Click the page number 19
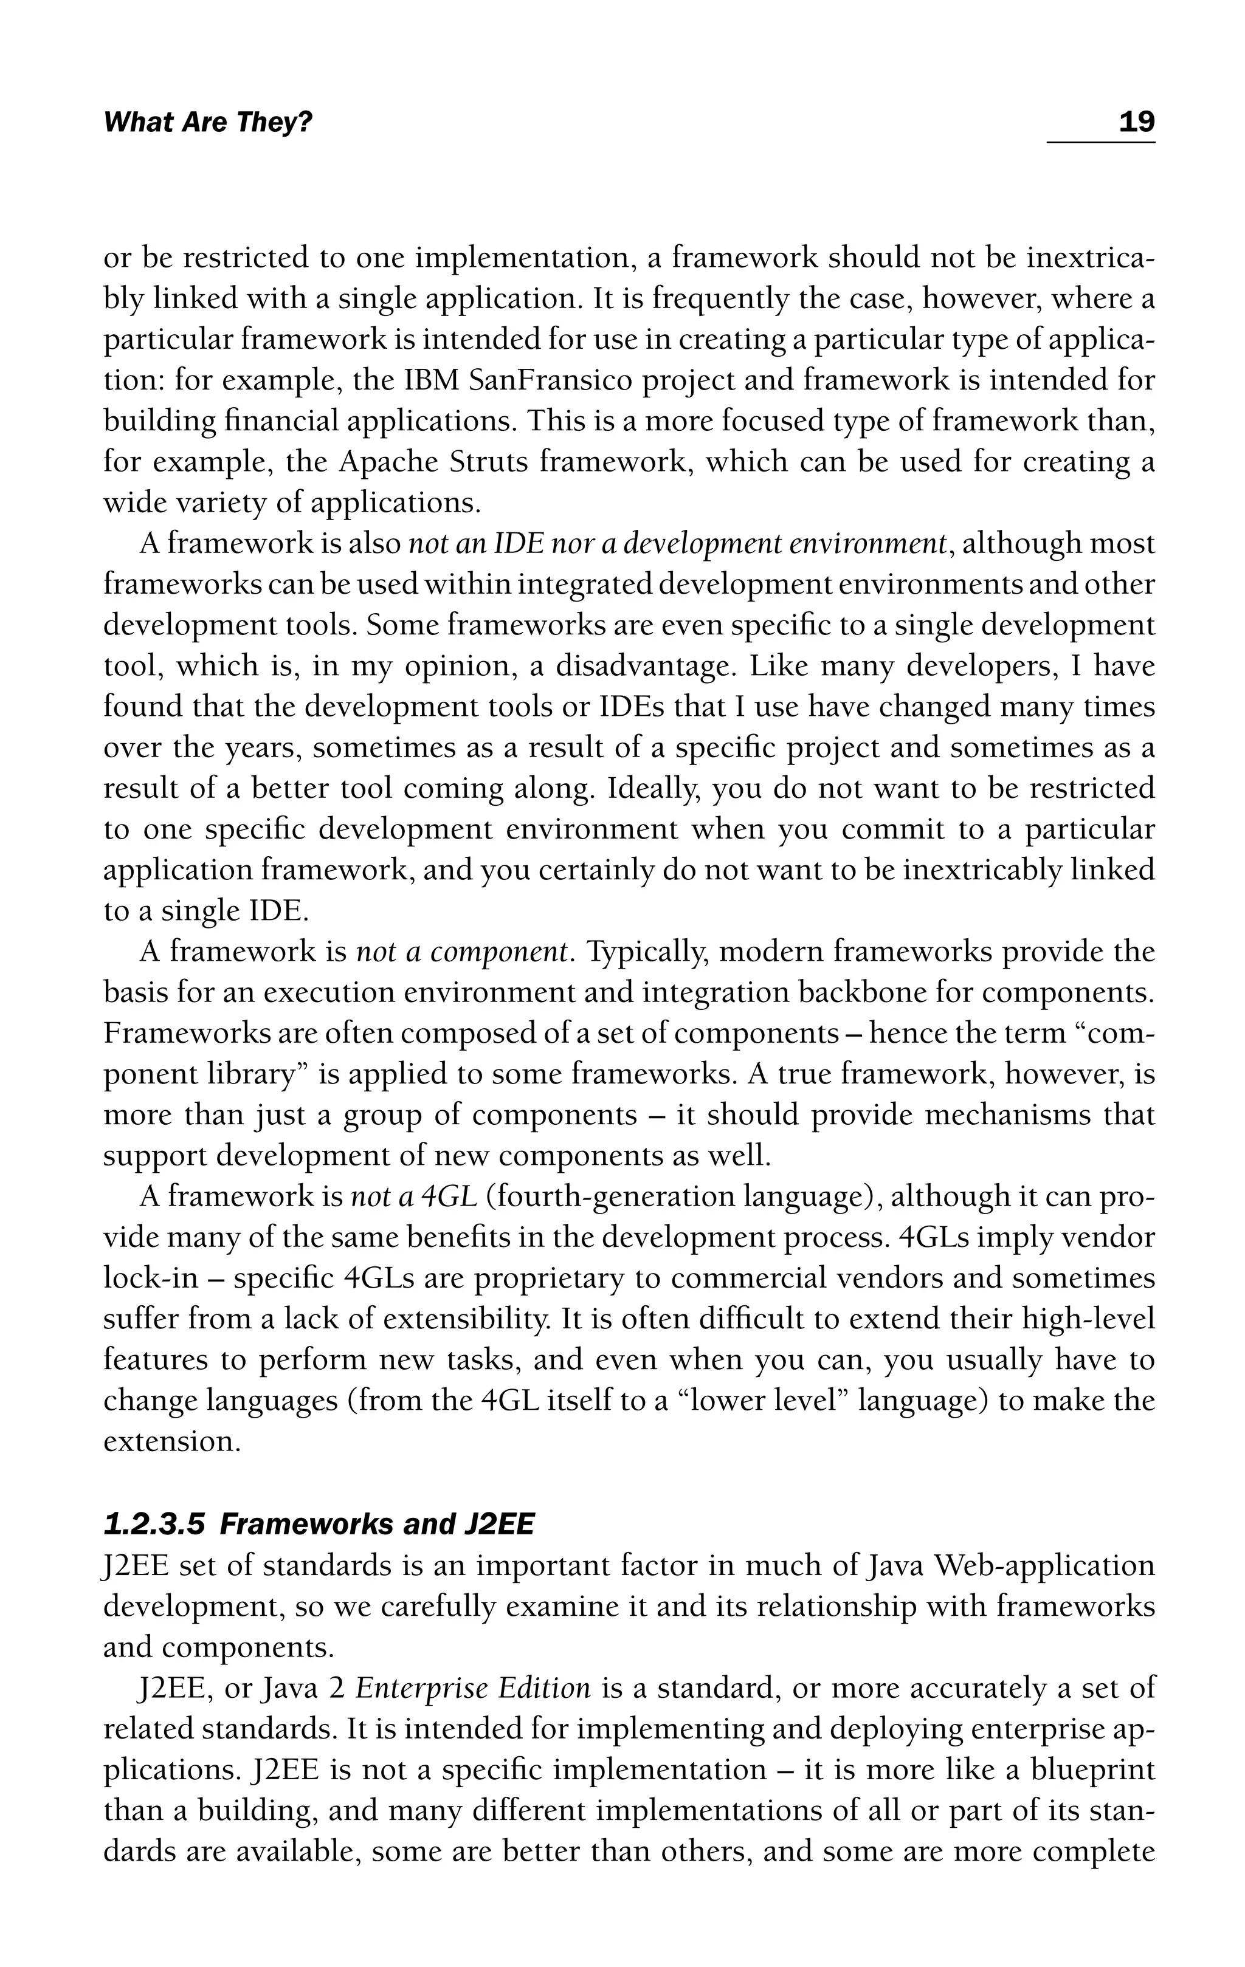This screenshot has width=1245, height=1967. (1136, 123)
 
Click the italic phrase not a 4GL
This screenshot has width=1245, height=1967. (413, 1198)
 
